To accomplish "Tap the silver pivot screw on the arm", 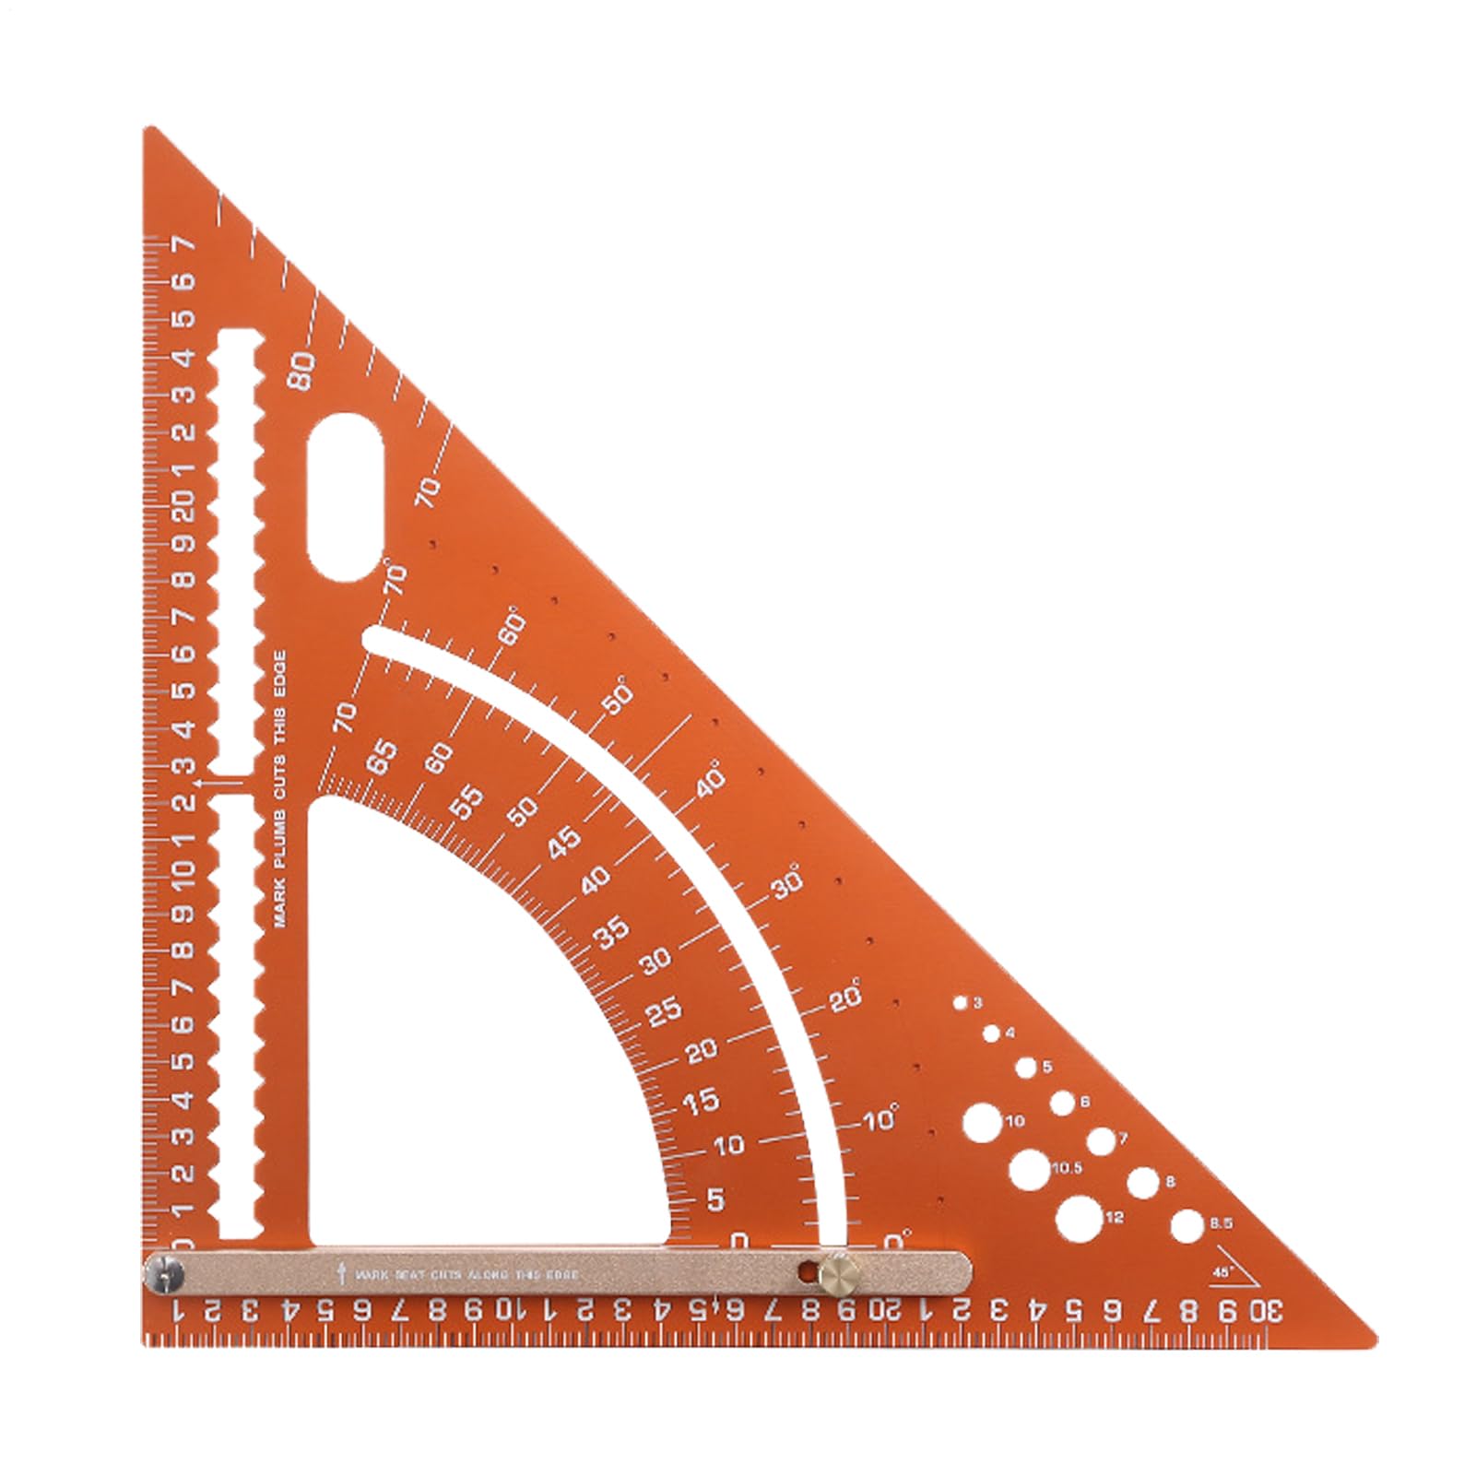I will (x=165, y=1276).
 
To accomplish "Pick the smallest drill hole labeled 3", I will (x=961, y=1003).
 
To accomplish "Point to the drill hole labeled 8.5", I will (x=1187, y=1226).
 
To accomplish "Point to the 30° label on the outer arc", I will (x=789, y=886).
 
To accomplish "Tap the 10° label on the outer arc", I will (x=881, y=1120).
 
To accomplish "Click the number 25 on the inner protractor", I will (x=664, y=1010).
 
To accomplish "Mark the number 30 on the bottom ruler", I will (x=1266, y=1310).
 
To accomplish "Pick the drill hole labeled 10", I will (x=982, y=1121).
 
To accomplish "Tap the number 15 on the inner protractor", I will (x=701, y=1101).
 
